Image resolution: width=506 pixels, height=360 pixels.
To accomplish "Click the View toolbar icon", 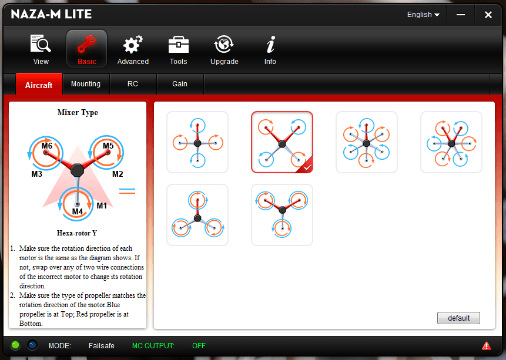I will point(41,49).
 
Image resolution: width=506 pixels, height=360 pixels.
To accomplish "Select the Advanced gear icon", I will point(133,49).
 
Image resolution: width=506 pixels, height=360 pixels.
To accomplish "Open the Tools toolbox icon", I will point(178,49).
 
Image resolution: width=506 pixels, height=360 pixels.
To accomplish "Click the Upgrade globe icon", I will point(224,49).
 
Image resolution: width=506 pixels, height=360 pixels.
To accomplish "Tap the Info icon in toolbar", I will point(270,49).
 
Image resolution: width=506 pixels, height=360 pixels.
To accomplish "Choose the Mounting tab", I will point(86,84).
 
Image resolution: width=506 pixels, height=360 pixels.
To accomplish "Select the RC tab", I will point(133,84).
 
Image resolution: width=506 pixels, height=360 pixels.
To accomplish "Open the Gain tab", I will point(180,84).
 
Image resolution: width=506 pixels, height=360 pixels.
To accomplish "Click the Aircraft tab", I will point(39,85).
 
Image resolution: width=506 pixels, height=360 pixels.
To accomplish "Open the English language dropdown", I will point(423,15).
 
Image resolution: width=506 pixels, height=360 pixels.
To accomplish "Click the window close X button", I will point(488,15).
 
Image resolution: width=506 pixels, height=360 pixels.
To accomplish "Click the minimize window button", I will point(462,15).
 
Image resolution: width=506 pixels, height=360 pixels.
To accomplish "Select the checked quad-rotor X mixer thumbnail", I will point(282,142).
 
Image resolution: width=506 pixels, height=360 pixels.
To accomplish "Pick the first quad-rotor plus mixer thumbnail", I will point(197,142).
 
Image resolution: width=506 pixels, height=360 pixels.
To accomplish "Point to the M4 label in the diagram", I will point(78,211).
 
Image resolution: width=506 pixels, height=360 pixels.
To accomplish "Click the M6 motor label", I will point(47,146).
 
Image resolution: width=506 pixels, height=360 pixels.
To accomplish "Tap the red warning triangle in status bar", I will point(486,345).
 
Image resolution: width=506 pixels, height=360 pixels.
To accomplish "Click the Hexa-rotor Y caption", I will point(77,233).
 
